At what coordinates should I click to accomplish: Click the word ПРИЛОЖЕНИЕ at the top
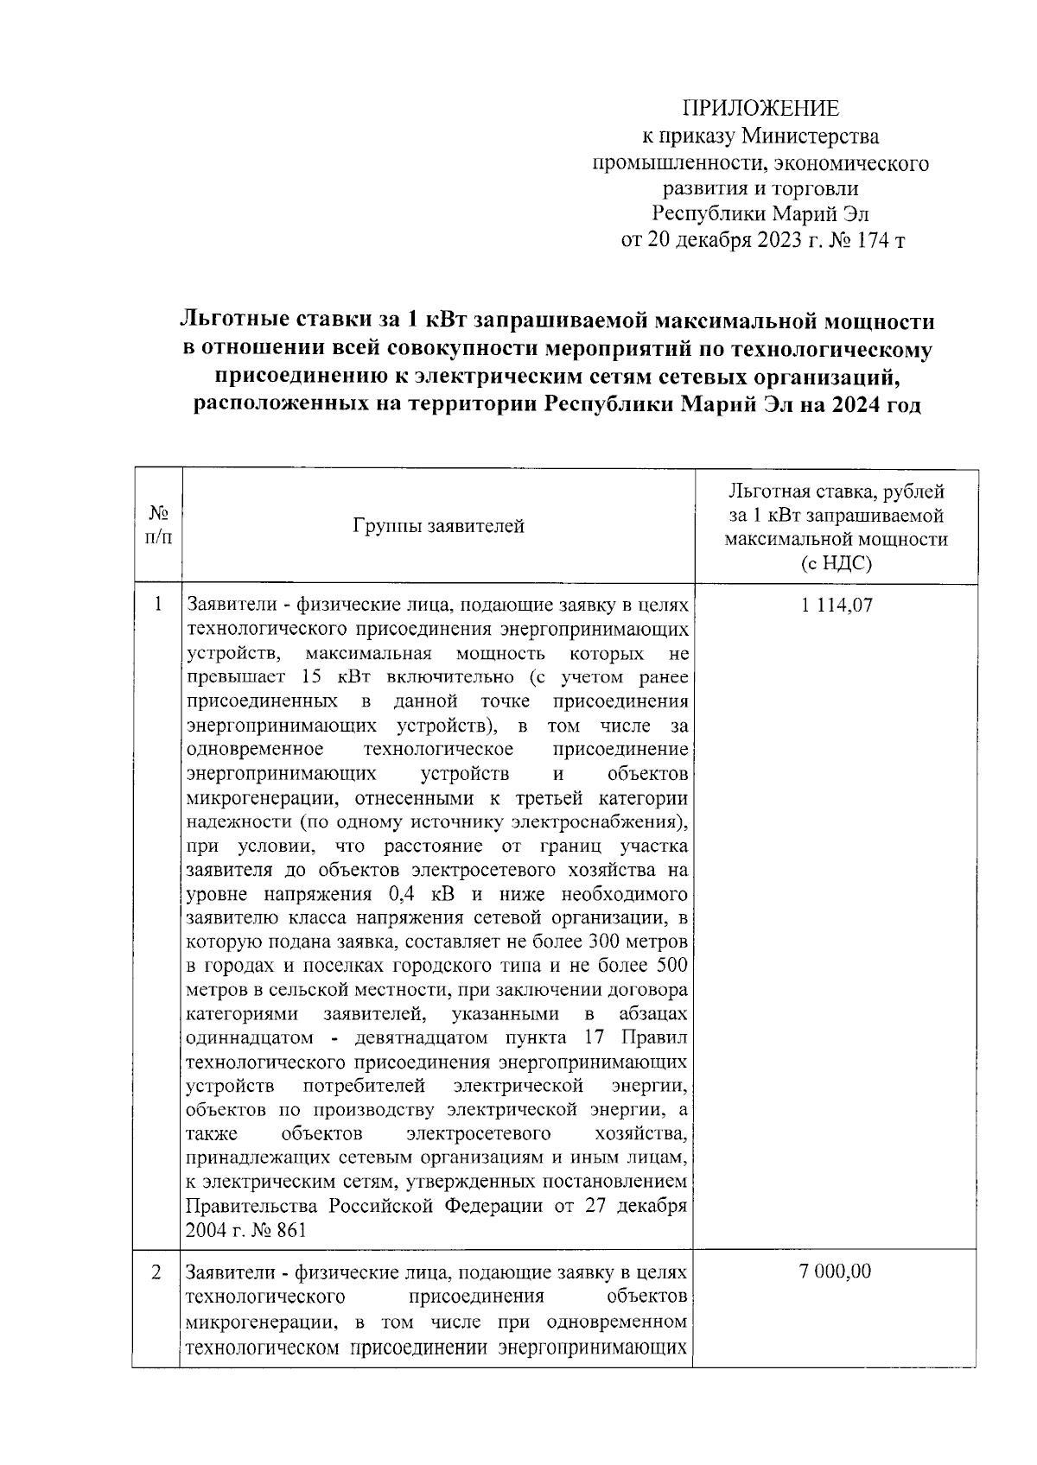[x=760, y=109]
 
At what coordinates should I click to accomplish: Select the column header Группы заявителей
[x=438, y=526]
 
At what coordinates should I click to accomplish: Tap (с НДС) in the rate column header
[x=836, y=564]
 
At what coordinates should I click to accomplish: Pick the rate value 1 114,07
[x=837, y=606]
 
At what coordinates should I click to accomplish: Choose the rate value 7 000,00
[x=837, y=1272]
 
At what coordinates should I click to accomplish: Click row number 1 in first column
[x=158, y=605]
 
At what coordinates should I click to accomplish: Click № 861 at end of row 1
[x=277, y=1231]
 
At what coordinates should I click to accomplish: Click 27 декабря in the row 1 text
[x=638, y=1206]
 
